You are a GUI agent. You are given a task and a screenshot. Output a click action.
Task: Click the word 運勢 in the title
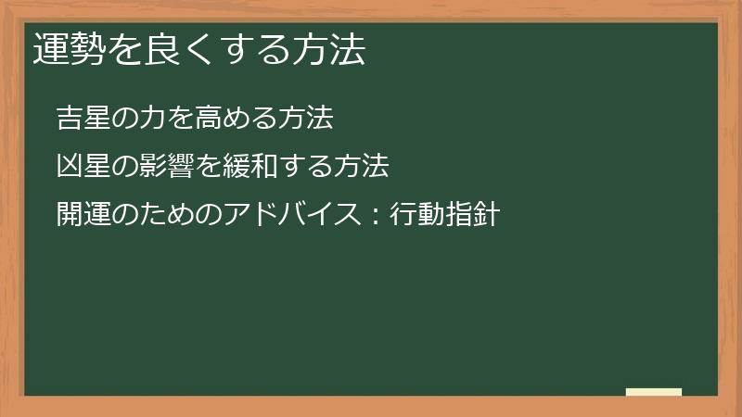tap(69, 50)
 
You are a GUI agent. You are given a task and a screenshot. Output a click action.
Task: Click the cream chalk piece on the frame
tap(654, 392)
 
